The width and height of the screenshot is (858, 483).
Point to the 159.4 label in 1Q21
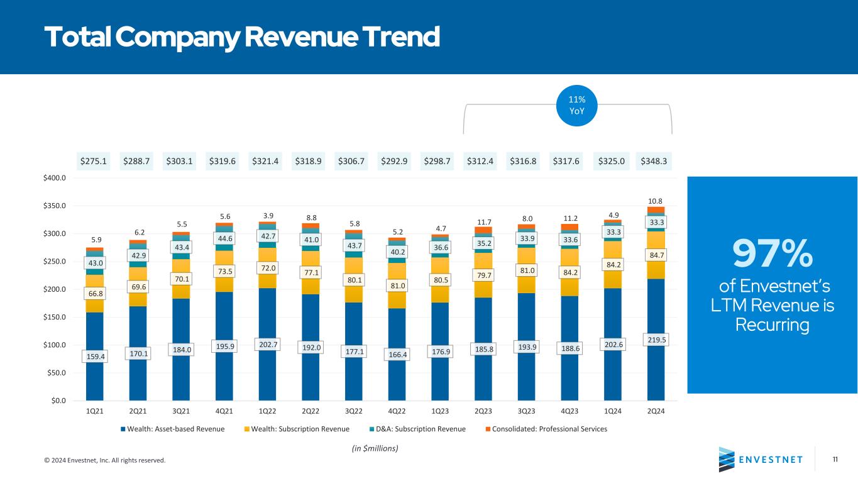pos(94,357)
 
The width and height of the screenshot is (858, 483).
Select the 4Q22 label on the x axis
pos(396,411)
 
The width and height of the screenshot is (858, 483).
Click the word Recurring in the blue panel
pos(772,325)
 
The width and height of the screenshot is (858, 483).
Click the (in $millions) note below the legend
pos(375,448)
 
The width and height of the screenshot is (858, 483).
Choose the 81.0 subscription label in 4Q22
pos(396,285)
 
